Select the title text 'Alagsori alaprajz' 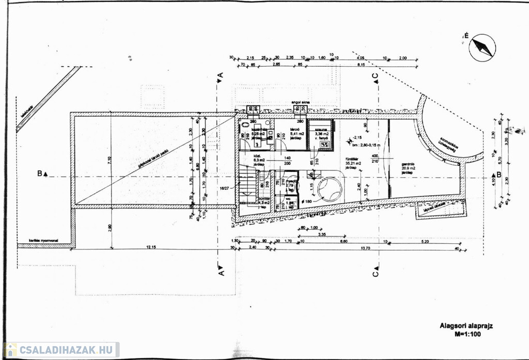coord(461,326)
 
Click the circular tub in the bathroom coord(329,190)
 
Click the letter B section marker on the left coord(40,174)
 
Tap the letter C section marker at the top coord(376,76)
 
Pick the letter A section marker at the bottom coord(221,271)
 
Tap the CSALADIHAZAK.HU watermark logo coord(61,350)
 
